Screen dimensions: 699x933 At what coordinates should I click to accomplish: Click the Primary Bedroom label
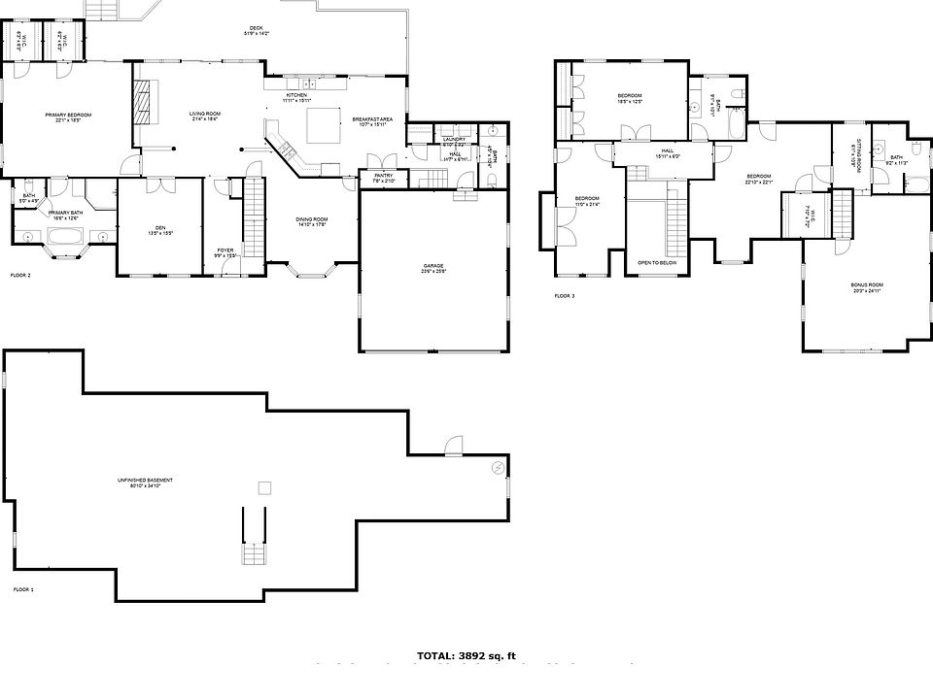(68, 116)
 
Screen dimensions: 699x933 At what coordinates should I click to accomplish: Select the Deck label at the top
(256, 31)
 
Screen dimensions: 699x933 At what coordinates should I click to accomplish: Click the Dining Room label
(312, 221)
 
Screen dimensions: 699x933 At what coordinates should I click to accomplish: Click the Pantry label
(383, 178)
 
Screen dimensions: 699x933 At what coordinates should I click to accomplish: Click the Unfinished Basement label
(147, 483)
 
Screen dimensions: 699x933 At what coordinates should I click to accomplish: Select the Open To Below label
(658, 263)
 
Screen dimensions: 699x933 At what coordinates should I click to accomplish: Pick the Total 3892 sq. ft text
(466, 655)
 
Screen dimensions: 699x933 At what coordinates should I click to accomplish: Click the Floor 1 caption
(22, 589)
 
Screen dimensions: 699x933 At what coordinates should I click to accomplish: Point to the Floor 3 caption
(565, 295)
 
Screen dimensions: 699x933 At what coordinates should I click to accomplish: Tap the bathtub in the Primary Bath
(63, 236)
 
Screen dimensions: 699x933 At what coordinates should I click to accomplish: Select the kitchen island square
(323, 125)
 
